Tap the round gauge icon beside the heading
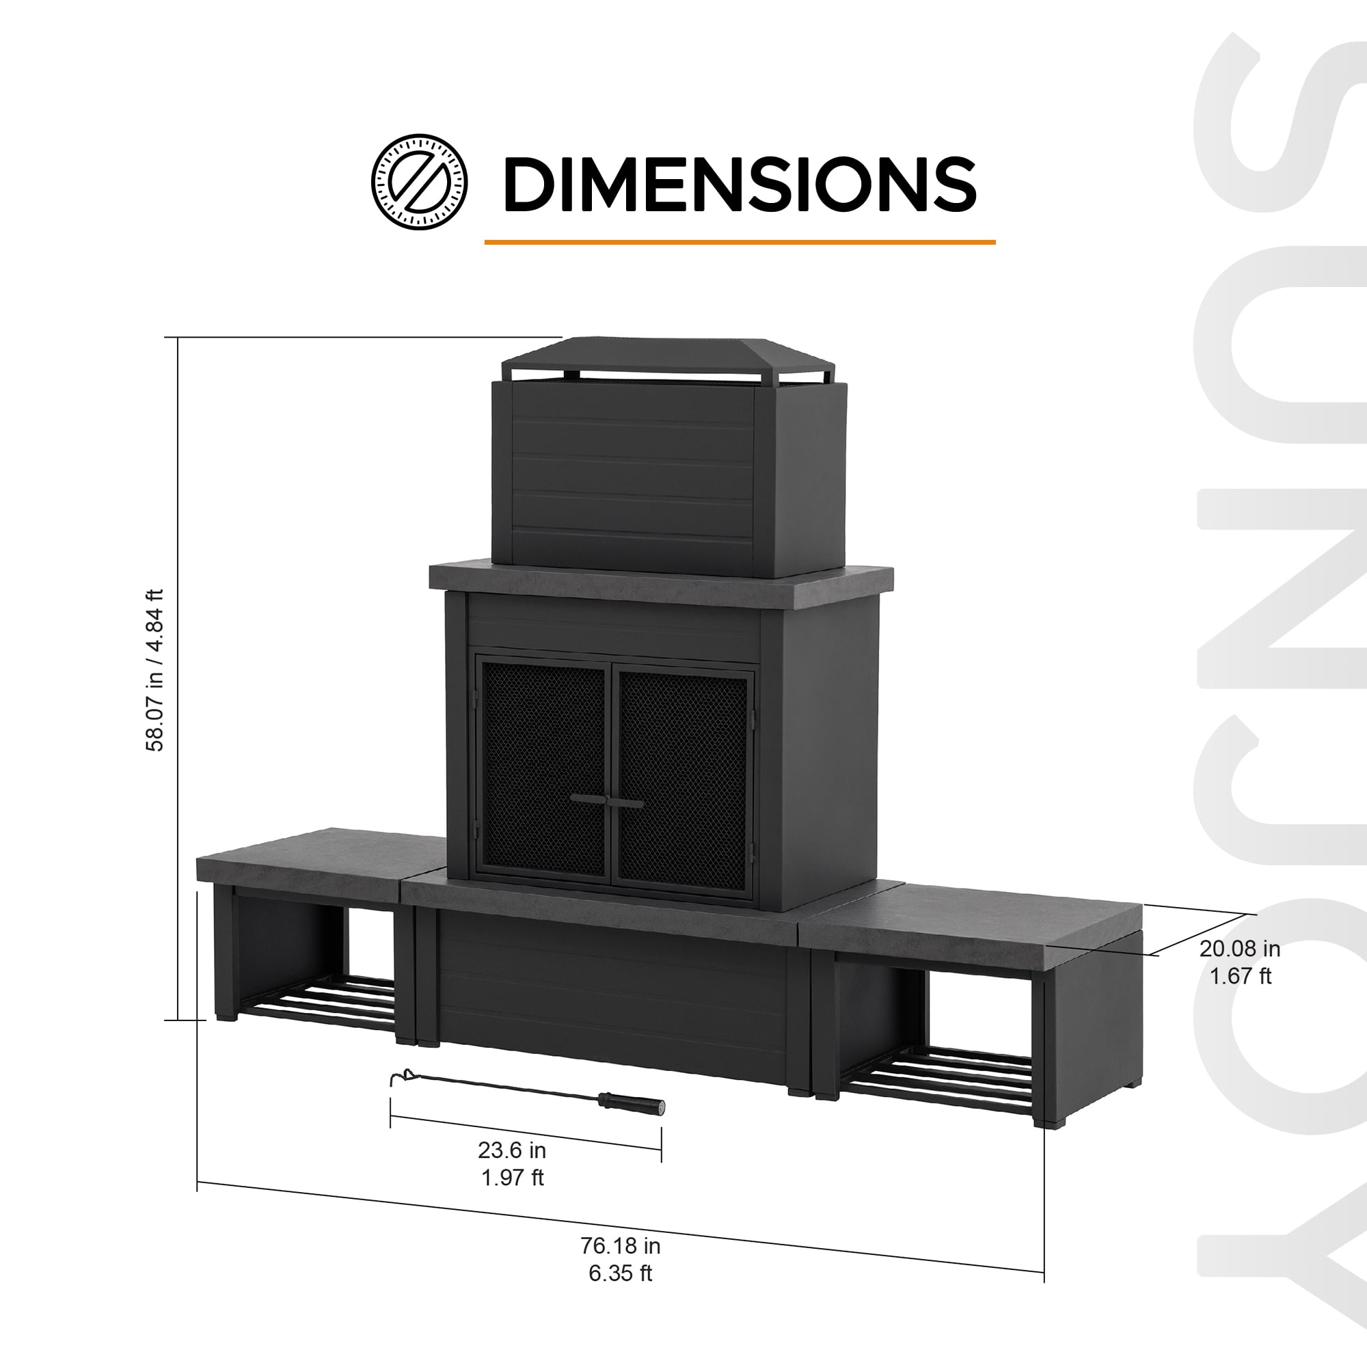tap(420, 182)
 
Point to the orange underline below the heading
tap(740, 242)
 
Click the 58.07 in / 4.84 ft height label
tap(155, 669)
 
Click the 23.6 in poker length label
tap(511, 1150)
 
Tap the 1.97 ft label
tap(512, 1178)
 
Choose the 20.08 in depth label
tap(1240, 948)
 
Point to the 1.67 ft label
tap(1240, 976)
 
